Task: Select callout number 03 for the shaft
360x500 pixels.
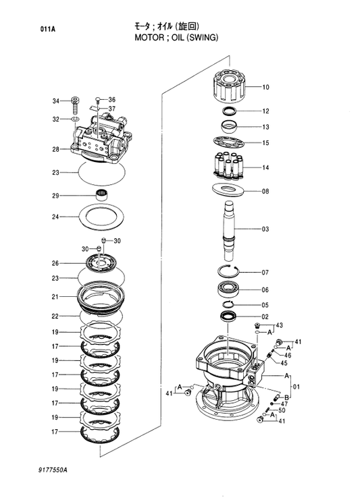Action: point(265,229)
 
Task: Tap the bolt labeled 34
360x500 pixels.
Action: point(75,103)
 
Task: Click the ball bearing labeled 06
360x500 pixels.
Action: point(231,289)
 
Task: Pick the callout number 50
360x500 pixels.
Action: point(282,410)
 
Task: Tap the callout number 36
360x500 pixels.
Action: point(112,100)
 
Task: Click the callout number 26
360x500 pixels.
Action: point(55,263)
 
